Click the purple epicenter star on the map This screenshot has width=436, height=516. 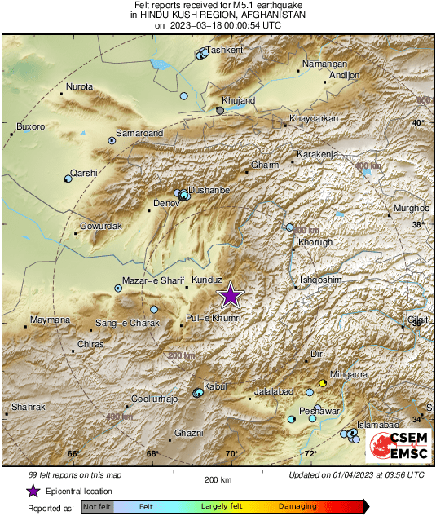click(x=231, y=295)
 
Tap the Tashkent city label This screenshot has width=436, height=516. click(x=224, y=50)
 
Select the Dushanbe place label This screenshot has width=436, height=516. click(x=209, y=189)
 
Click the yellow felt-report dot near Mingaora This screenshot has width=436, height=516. click(x=323, y=382)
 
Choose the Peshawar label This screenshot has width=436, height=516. click(x=320, y=412)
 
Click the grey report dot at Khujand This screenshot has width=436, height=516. click(x=220, y=109)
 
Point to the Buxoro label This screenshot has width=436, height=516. click(x=31, y=126)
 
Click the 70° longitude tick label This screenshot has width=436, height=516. click(x=231, y=454)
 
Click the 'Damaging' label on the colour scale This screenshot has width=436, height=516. click(x=298, y=506)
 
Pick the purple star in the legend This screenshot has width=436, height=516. click(x=33, y=491)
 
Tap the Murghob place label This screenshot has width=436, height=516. click(x=410, y=209)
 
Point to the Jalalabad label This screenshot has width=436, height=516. click(x=273, y=392)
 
